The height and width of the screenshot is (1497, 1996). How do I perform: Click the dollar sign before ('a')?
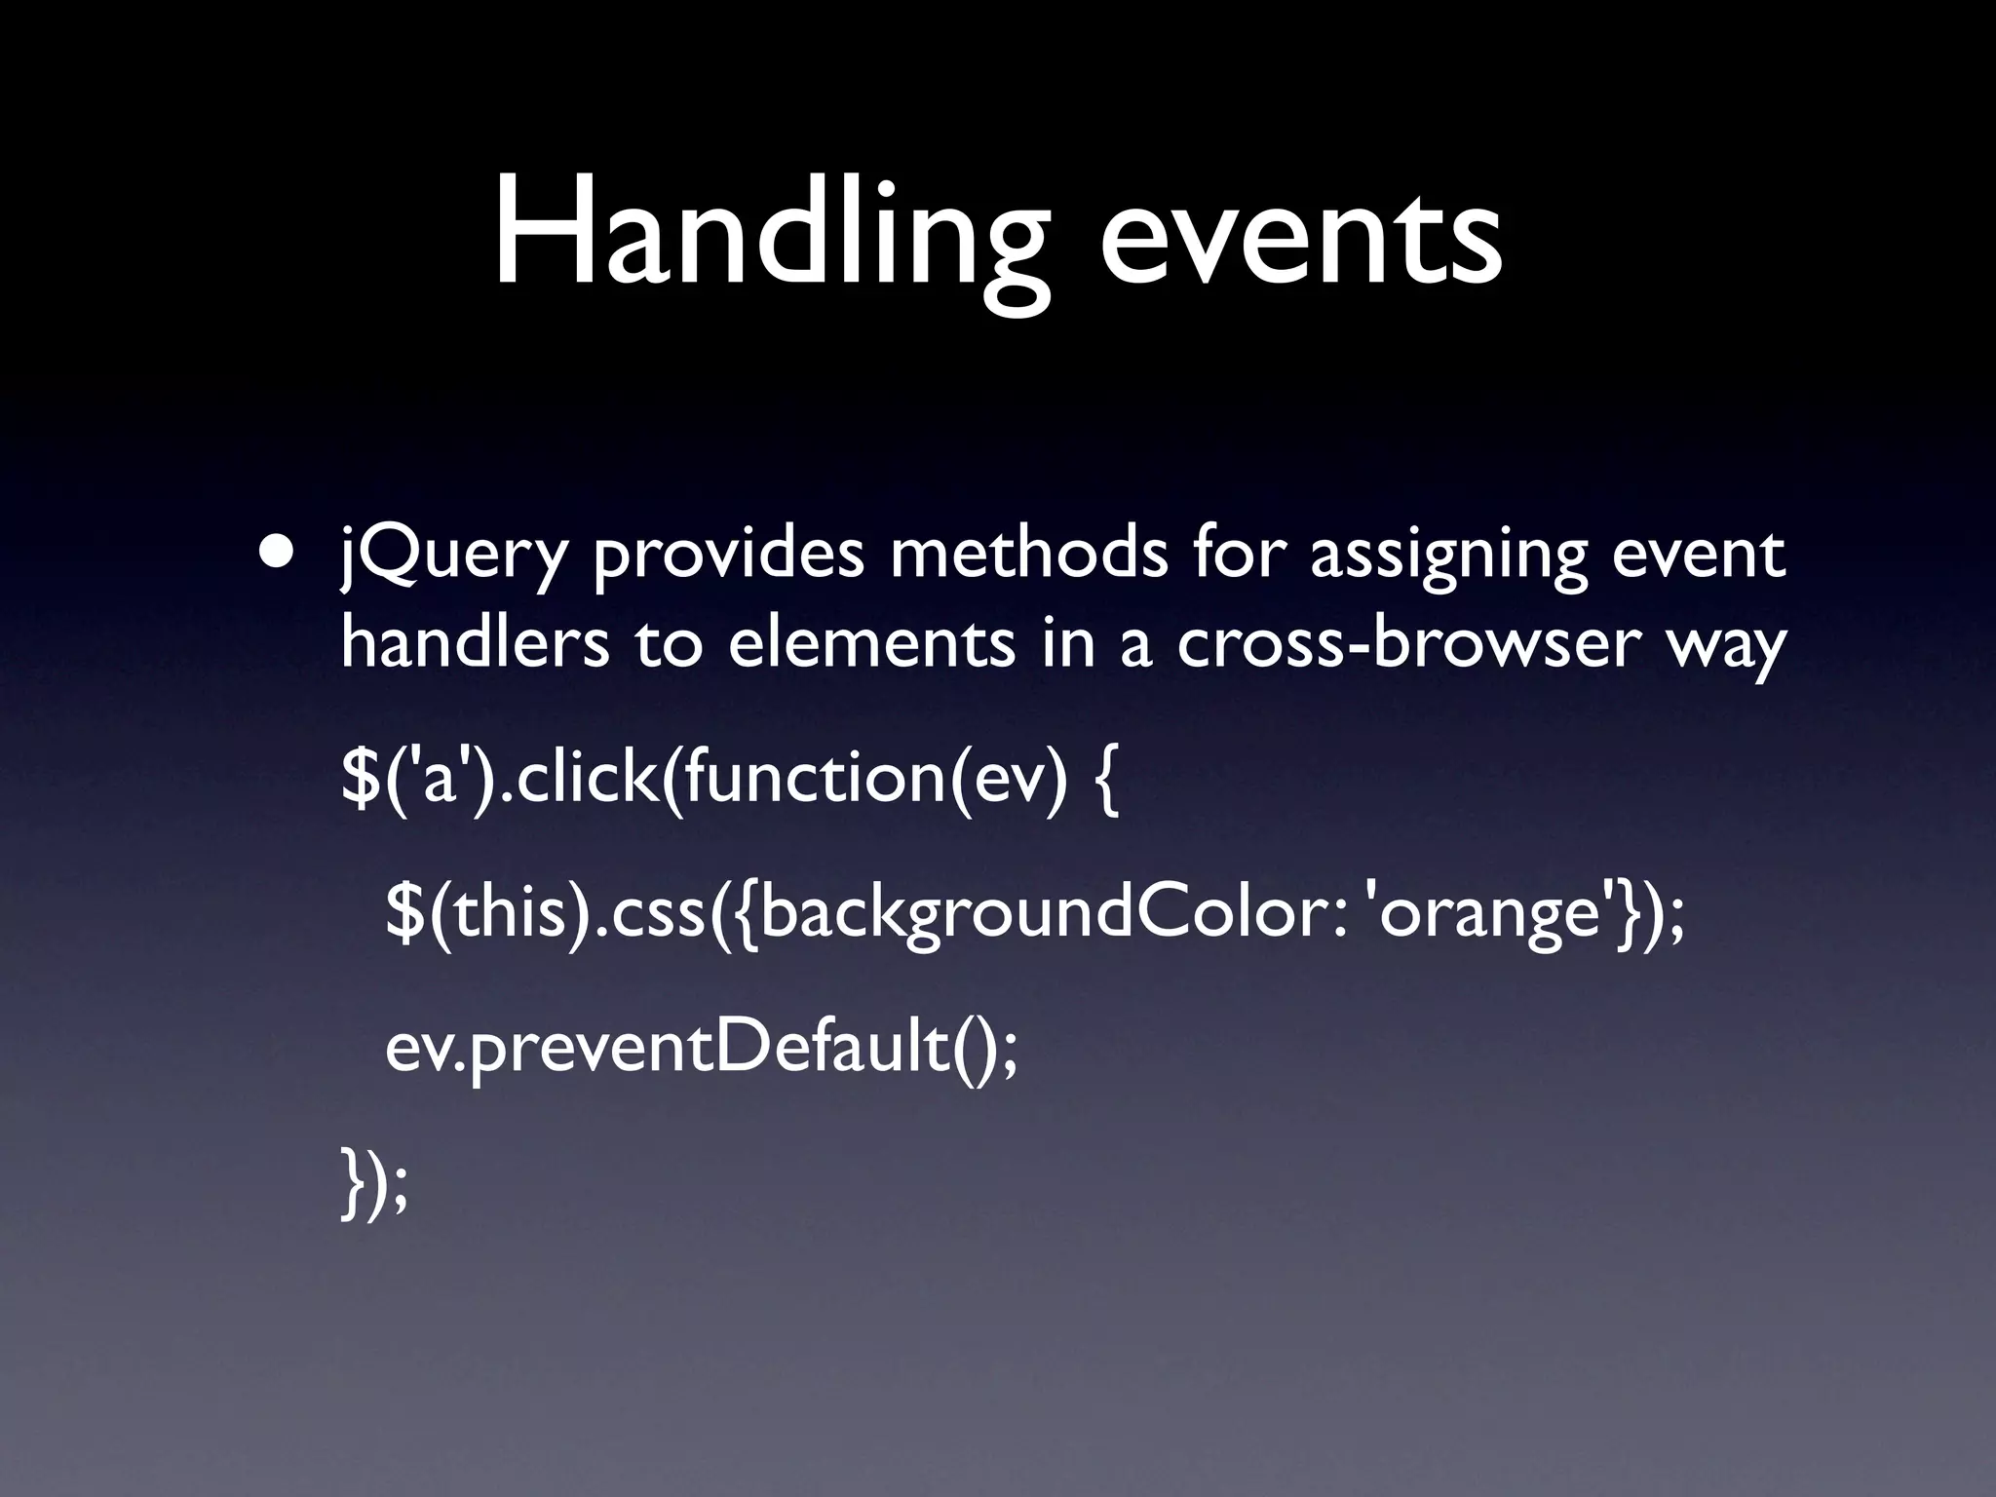pos(359,780)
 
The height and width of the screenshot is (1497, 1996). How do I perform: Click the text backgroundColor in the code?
pos(1049,916)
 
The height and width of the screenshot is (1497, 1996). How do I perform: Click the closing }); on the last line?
pos(374,1182)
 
